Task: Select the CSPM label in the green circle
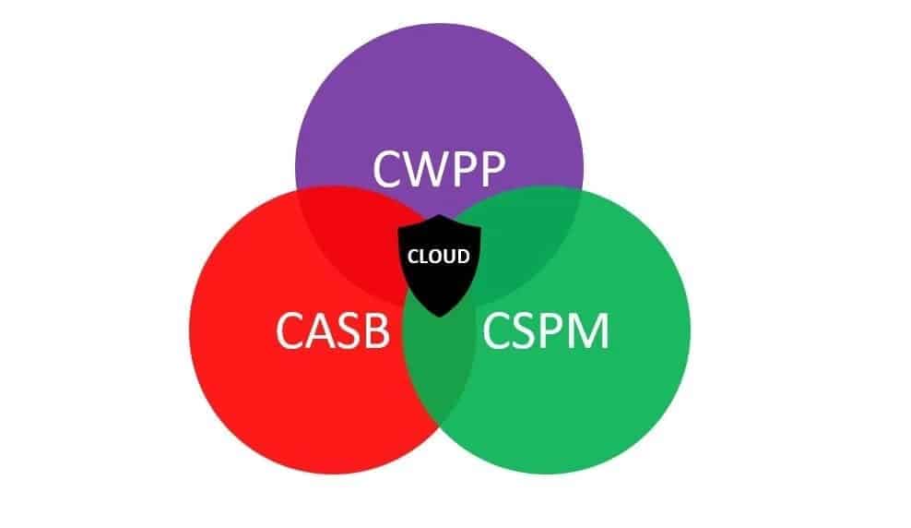545,331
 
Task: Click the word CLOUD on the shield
439,256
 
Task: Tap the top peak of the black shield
439,215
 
